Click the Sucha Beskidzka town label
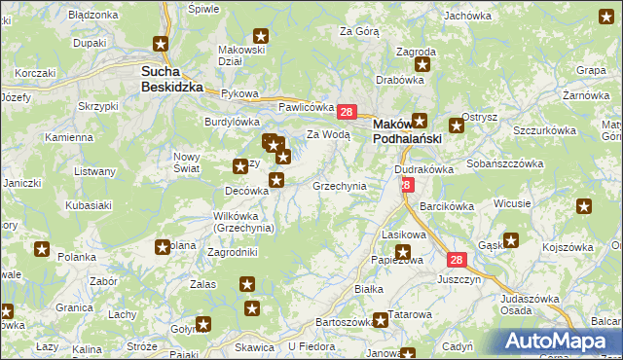[171, 78]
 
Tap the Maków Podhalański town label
[408, 131]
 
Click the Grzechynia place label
[339, 185]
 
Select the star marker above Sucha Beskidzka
[162, 44]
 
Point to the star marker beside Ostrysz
[456, 126]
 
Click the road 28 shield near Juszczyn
[457, 260]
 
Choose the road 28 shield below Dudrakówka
[406, 185]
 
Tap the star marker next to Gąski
[511, 239]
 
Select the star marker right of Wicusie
[583, 206]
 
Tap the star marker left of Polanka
[42, 249]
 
